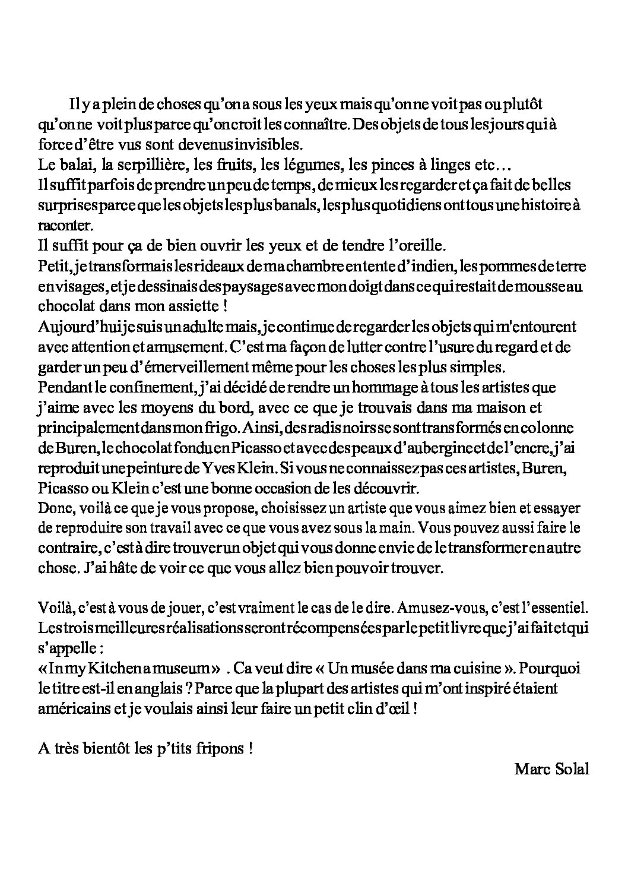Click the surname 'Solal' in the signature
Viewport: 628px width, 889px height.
(571, 769)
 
